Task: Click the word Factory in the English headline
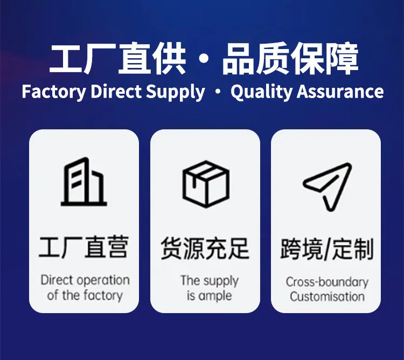click(53, 92)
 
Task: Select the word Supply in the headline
click(176, 92)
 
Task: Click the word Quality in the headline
click(261, 92)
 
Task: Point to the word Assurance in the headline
click(340, 92)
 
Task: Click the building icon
click(83, 182)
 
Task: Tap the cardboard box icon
click(206, 184)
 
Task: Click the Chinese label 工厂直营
click(83, 247)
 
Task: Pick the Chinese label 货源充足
click(205, 248)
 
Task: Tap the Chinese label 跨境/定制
click(327, 249)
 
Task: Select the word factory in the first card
click(102, 295)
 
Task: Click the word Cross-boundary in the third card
click(327, 282)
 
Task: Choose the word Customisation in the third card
click(327, 296)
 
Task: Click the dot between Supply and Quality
click(218, 92)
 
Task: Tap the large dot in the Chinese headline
click(204, 59)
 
